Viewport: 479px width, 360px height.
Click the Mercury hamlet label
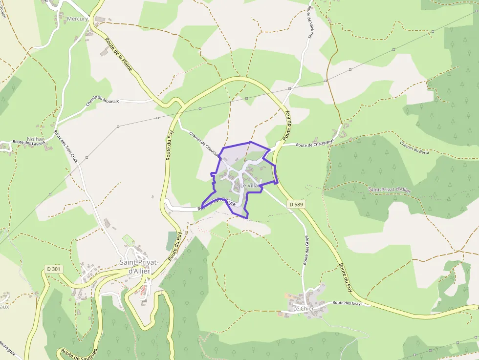[x=77, y=19]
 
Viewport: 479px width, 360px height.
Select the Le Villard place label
[x=249, y=186]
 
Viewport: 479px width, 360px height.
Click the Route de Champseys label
[x=315, y=144]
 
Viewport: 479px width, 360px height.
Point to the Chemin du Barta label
[x=414, y=148]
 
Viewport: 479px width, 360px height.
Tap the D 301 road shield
[x=54, y=269]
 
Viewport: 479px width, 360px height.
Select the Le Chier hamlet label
[x=304, y=309]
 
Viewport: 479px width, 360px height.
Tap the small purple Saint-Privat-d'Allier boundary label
[x=389, y=189]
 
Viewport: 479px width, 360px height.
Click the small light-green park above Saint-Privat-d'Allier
[x=128, y=240]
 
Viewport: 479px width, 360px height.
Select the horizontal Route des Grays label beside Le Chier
[x=348, y=303]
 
